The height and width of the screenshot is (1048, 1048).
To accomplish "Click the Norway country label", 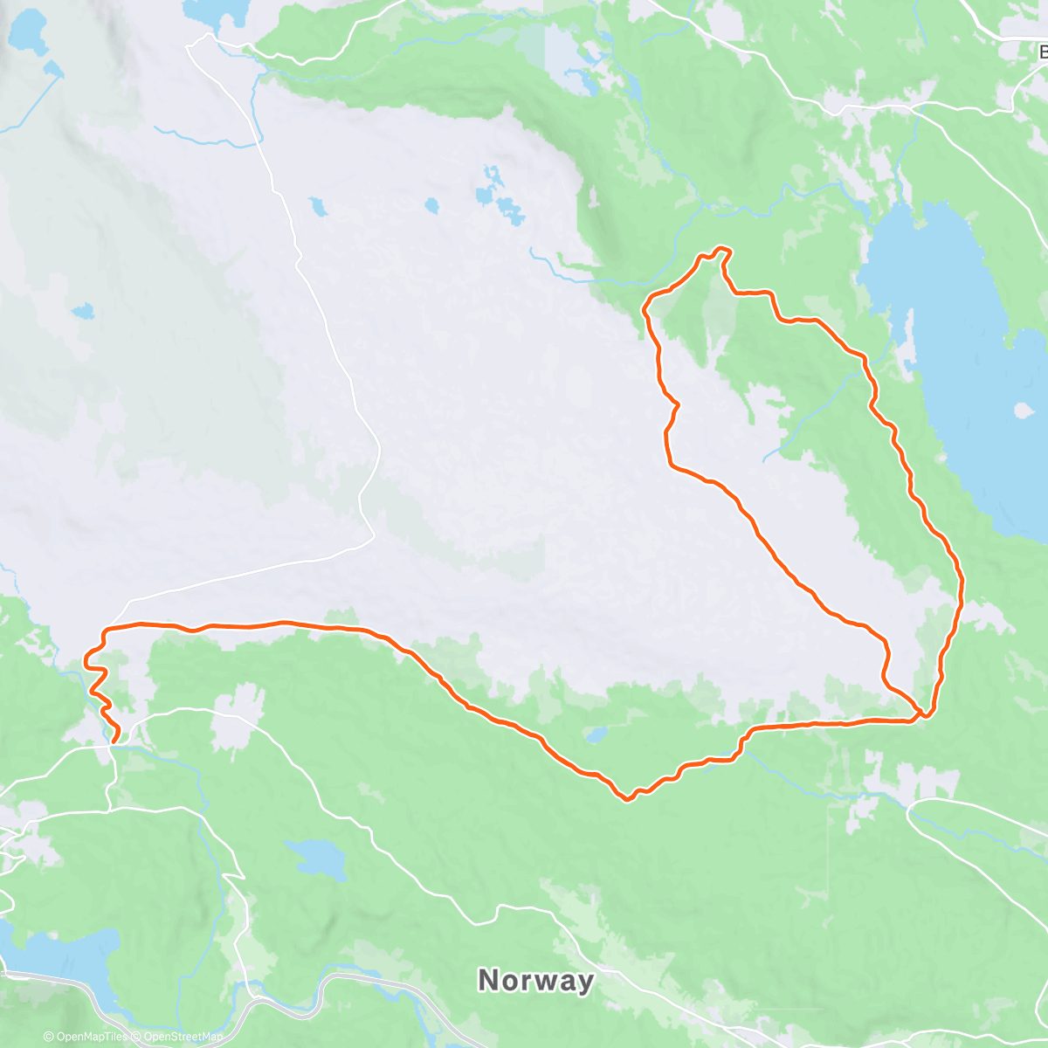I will point(535,980).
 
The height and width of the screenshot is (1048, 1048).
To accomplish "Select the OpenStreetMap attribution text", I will point(183,1038).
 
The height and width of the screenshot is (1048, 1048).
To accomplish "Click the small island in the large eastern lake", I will point(1022,409).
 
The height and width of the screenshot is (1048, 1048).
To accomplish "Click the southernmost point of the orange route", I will point(627,799).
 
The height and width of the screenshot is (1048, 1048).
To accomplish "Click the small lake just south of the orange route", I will point(596,735).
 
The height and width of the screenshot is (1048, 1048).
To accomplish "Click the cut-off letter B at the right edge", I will point(1041,52).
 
